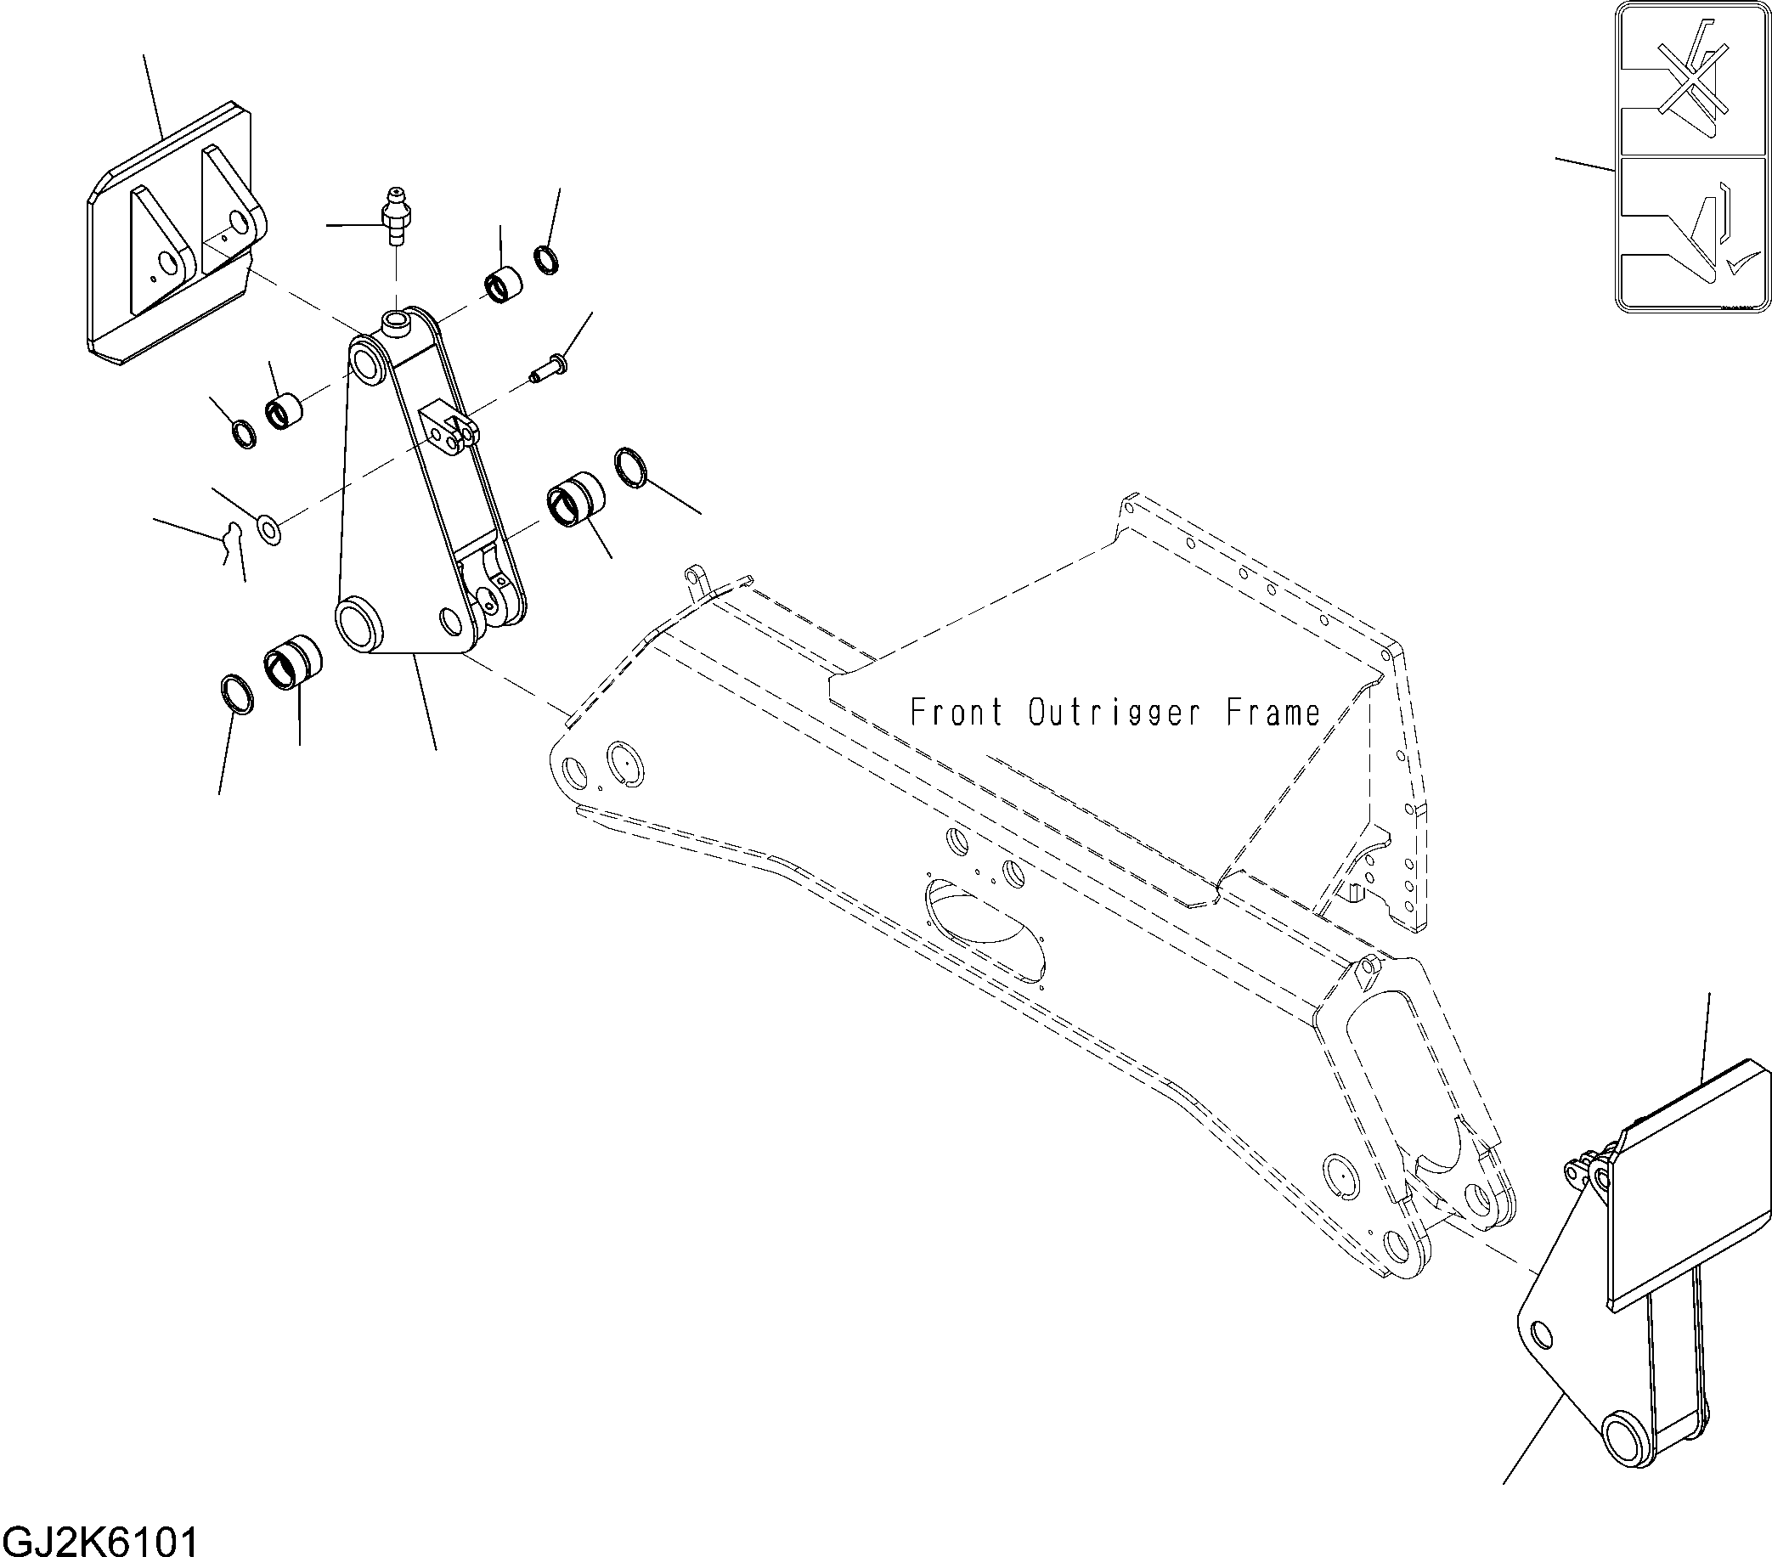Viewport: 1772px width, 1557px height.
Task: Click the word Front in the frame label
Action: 957,713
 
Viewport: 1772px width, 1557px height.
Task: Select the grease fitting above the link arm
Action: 397,216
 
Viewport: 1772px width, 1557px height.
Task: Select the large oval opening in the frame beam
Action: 986,923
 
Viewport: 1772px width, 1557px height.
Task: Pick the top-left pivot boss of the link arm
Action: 369,360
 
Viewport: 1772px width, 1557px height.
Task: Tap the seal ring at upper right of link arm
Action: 546,259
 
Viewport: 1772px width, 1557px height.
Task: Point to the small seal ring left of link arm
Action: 245,432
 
